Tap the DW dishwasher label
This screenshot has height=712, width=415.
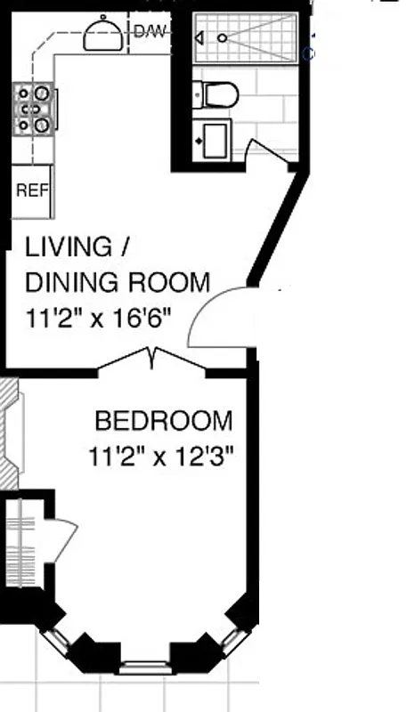coord(149,33)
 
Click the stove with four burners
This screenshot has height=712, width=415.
coord(34,110)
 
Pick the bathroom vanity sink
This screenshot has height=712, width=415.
coord(214,139)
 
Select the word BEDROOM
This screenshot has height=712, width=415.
coord(164,421)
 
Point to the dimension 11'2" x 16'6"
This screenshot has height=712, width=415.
coord(97,317)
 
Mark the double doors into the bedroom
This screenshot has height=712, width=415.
coord(152,359)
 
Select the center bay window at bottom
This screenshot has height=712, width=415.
coord(146,665)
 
